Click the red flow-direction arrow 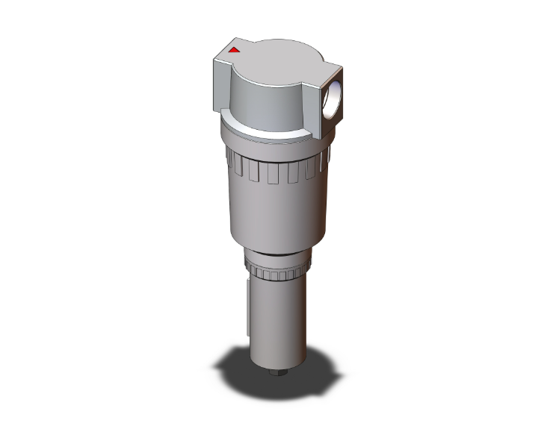point(234,51)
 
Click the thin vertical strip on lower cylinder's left point(246,306)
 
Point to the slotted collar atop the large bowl point(277,170)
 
